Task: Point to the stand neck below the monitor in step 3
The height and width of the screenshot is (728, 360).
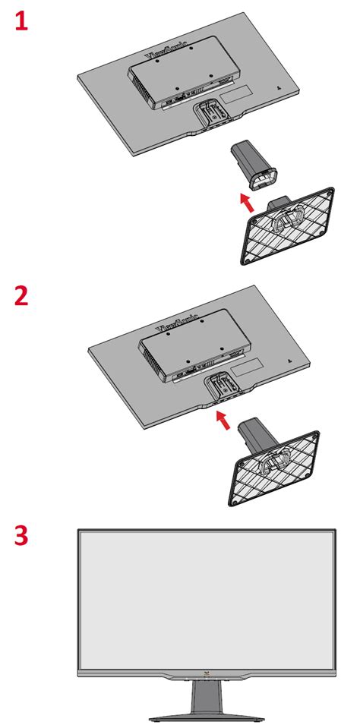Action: click(x=206, y=695)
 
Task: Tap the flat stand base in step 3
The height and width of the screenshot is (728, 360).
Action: click(x=206, y=716)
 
